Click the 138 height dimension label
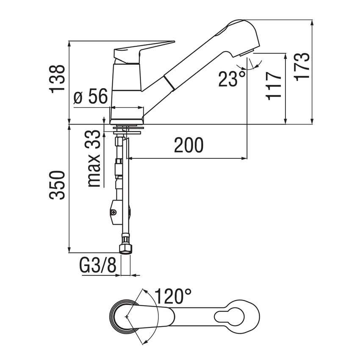coord(57,79)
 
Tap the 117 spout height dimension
coord(274,86)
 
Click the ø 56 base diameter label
coord(90,98)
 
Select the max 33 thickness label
coord(94,158)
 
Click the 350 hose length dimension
coord(57,185)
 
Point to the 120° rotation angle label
coord(173,296)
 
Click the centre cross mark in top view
coord(127,316)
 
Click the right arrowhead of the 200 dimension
coord(244,158)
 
